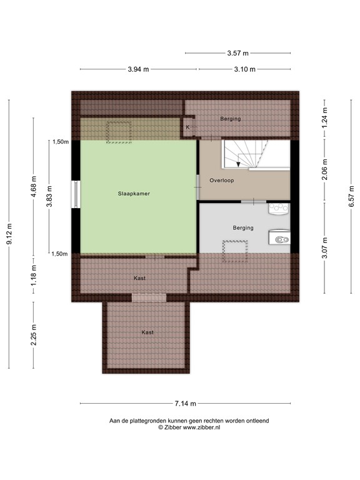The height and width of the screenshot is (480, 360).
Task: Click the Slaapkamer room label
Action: point(134,194)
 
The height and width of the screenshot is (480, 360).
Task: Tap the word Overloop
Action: point(222,180)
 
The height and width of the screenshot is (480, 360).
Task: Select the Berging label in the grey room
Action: point(242,228)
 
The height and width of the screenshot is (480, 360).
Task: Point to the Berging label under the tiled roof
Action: point(230,118)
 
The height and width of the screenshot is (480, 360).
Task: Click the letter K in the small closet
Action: point(187,127)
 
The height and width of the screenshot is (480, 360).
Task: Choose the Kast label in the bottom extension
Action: point(147,332)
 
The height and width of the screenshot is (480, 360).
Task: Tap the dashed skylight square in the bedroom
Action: point(117,132)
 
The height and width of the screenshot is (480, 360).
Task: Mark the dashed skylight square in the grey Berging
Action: point(236,251)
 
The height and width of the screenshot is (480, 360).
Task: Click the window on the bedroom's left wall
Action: point(75,194)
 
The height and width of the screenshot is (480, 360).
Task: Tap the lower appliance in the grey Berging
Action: point(279,237)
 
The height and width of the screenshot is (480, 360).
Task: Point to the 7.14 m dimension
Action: point(186,403)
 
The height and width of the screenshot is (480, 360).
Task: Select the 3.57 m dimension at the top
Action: point(237,53)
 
